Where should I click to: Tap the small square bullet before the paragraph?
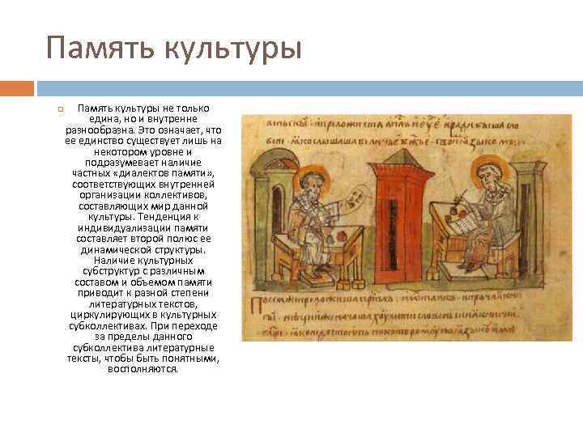point(59,108)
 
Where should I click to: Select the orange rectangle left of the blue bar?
point(17,87)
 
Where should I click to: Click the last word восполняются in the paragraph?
point(143,369)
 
